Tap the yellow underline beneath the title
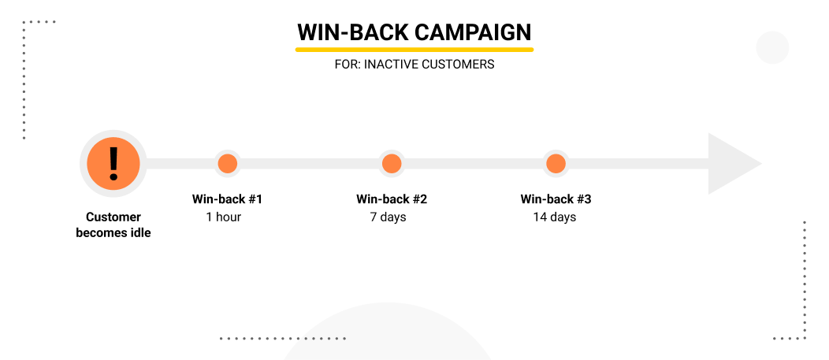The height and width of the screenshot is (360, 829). pos(414,50)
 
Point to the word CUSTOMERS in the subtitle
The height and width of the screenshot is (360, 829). pos(459,65)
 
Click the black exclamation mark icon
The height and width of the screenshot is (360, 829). pos(113,163)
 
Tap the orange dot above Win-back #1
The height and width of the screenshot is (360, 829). pos(228,164)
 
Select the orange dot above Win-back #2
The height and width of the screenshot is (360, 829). pos(392,164)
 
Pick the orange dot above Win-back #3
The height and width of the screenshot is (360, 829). pos(556,164)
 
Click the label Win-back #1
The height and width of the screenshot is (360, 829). pos(227,199)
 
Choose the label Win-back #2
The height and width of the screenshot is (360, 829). pos(392,199)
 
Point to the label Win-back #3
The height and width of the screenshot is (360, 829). pos(556,199)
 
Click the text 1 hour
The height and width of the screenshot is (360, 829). pos(224,217)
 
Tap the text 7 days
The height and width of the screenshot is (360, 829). pos(388,217)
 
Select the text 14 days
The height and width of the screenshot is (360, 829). pos(555,217)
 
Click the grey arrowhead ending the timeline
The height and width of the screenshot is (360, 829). pos(730,164)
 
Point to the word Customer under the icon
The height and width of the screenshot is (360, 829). pos(113,217)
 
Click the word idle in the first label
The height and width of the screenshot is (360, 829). pos(139,233)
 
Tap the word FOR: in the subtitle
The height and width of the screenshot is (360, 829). pos(347,65)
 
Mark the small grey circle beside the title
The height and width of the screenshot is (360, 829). pos(772,47)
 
